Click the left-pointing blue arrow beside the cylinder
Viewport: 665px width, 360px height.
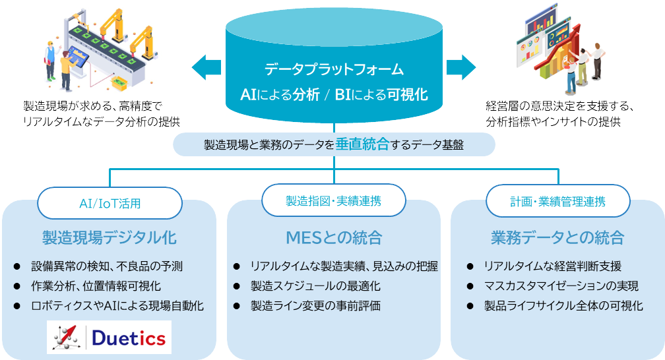[206, 67]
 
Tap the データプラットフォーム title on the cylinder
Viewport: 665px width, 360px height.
[333, 69]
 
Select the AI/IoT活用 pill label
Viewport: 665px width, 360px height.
[110, 203]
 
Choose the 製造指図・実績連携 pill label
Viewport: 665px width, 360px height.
[333, 200]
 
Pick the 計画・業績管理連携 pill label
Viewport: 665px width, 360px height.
[557, 202]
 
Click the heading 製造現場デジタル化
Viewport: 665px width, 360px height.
[110, 237]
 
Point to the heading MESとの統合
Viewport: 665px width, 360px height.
[333, 237]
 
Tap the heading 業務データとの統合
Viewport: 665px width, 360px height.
[557, 237]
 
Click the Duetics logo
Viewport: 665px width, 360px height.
[109, 338]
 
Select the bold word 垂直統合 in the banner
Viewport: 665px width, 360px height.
[362, 145]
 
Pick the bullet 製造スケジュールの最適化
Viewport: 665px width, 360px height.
[315, 286]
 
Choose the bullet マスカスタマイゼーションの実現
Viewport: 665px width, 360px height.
[561, 286]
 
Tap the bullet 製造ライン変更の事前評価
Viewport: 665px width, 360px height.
[315, 305]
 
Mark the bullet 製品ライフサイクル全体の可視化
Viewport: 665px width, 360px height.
[563, 305]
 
